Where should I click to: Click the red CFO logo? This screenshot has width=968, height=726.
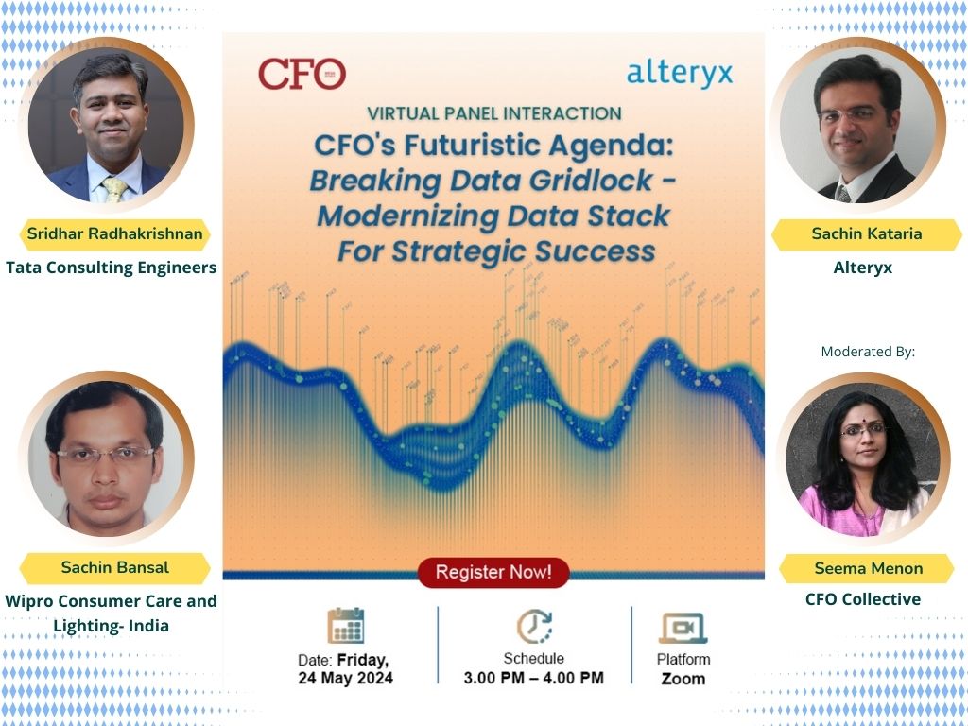302,74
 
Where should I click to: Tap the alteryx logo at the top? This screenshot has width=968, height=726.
679,74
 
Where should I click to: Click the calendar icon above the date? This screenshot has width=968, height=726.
346,626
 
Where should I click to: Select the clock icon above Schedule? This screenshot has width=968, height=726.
534,626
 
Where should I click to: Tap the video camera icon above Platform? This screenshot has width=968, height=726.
683,628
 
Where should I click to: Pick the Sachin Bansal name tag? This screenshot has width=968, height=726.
114,567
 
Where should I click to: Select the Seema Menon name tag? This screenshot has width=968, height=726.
856,568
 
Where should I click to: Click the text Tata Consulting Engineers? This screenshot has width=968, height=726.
112,268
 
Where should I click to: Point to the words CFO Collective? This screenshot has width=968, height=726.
862,599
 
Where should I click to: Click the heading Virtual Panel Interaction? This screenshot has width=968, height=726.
493,113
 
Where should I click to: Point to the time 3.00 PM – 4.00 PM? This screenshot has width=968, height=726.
533,678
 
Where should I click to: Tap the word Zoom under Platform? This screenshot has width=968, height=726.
683,679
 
